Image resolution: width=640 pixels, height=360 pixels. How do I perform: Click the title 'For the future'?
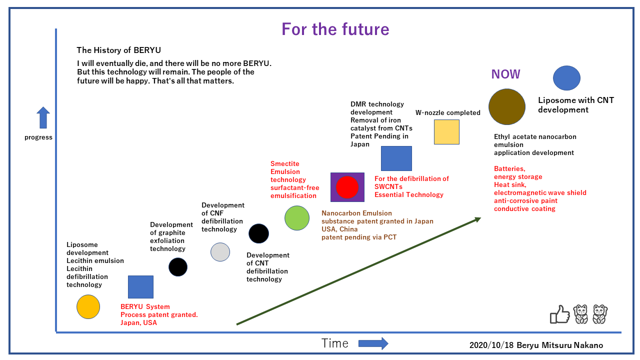(335, 29)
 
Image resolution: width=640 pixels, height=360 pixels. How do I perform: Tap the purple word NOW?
(505, 74)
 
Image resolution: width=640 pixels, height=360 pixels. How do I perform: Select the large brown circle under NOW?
(506, 106)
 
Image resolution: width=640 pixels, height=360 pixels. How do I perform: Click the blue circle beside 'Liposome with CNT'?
(566, 78)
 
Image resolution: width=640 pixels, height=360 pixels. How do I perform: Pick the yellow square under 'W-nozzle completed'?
(446, 132)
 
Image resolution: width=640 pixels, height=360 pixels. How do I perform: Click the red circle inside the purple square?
(347, 187)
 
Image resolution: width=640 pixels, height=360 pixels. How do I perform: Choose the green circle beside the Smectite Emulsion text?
(297, 218)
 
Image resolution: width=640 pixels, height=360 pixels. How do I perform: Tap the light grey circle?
(220, 252)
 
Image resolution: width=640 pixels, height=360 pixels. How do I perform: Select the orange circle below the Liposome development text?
(88, 306)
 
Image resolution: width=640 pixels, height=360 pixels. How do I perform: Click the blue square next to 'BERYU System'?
(140, 286)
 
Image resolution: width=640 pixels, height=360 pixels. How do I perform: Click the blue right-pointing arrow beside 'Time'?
(373, 343)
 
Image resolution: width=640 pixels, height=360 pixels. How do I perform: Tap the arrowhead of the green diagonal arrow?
(477, 218)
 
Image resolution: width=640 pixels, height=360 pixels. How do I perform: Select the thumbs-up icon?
(559, 314)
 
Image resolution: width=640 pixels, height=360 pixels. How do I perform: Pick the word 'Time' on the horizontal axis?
(334, 343)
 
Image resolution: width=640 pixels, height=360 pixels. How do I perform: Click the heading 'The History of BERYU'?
(118, 50)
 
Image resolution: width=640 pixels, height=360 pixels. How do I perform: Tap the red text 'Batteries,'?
(509, 169)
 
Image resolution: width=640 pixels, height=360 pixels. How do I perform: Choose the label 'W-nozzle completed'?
(447, 112)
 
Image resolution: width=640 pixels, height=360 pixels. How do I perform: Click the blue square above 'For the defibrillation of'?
(396, 158)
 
